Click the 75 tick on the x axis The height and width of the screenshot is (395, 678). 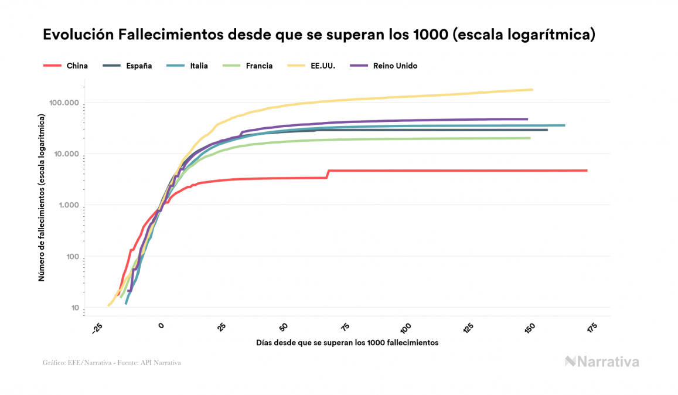pyautogui.click(x=346, y=328)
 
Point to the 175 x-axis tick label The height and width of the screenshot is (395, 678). pyautogui.click(x=592, y=328)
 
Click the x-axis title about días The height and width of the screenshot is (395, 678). pyautogui.click(x=347, y=342)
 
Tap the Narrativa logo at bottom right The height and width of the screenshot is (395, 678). pyautogui.click(x=602, y=362)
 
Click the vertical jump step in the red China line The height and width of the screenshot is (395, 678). pyautogui.click(x=328, y=174)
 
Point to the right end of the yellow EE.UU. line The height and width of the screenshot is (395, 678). pyautogui.click(x=532, y=90)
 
